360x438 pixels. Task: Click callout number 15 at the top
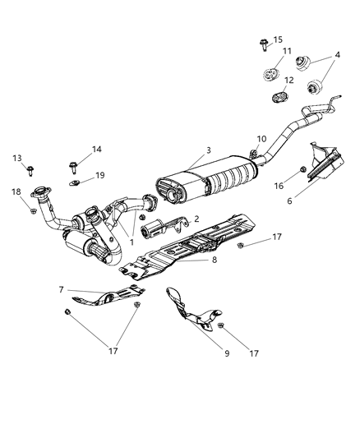point(278,39)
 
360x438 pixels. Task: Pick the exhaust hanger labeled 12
point(279,99)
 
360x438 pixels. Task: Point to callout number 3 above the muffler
point(208,150)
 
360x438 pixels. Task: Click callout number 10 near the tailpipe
point(262,139)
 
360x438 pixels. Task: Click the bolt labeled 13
point(30,170)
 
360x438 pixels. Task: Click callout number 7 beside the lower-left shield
point(62,290)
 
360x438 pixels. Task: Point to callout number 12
point(289,81)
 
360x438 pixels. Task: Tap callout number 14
point(97,150)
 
